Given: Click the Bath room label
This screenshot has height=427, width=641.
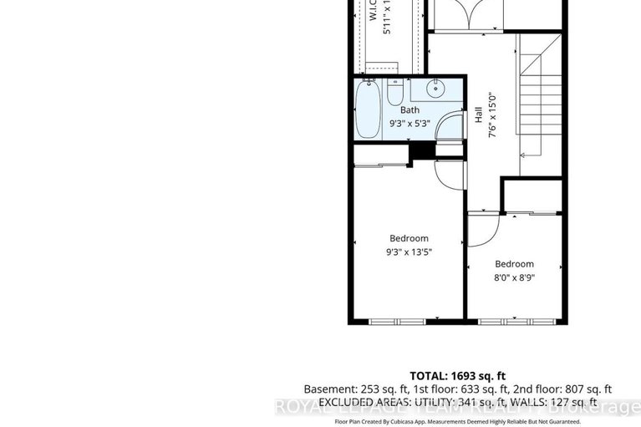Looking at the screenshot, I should [x=410, y=110].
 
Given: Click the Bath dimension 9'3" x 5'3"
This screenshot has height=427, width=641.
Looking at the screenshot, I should [x=410, y=125].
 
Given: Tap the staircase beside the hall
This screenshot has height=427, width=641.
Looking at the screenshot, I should [x=540, y=109].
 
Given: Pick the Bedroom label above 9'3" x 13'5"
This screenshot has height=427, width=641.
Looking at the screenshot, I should [x=407, y=239].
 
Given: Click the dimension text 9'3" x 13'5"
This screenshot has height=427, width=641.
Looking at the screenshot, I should [x=409, y=252].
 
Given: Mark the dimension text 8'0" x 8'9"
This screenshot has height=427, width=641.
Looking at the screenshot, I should [x=514, y=277].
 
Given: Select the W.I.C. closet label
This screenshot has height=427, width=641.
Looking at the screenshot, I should [x=374, y=12].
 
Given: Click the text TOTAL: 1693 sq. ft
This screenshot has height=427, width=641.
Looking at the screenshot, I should [x=458, y=375].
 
